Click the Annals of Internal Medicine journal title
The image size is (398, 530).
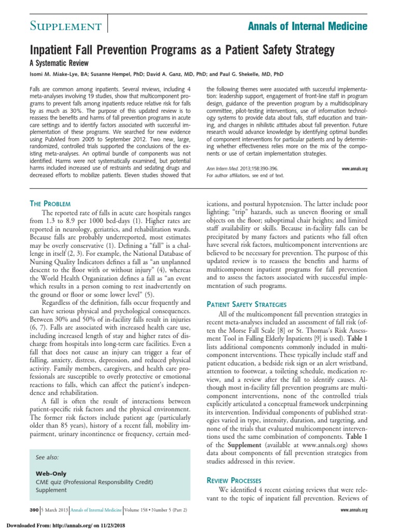(308, 26)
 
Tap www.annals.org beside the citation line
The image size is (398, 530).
(354, 169)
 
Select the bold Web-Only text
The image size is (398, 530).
(51, 474)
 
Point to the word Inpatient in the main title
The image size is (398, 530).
(52, 50)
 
